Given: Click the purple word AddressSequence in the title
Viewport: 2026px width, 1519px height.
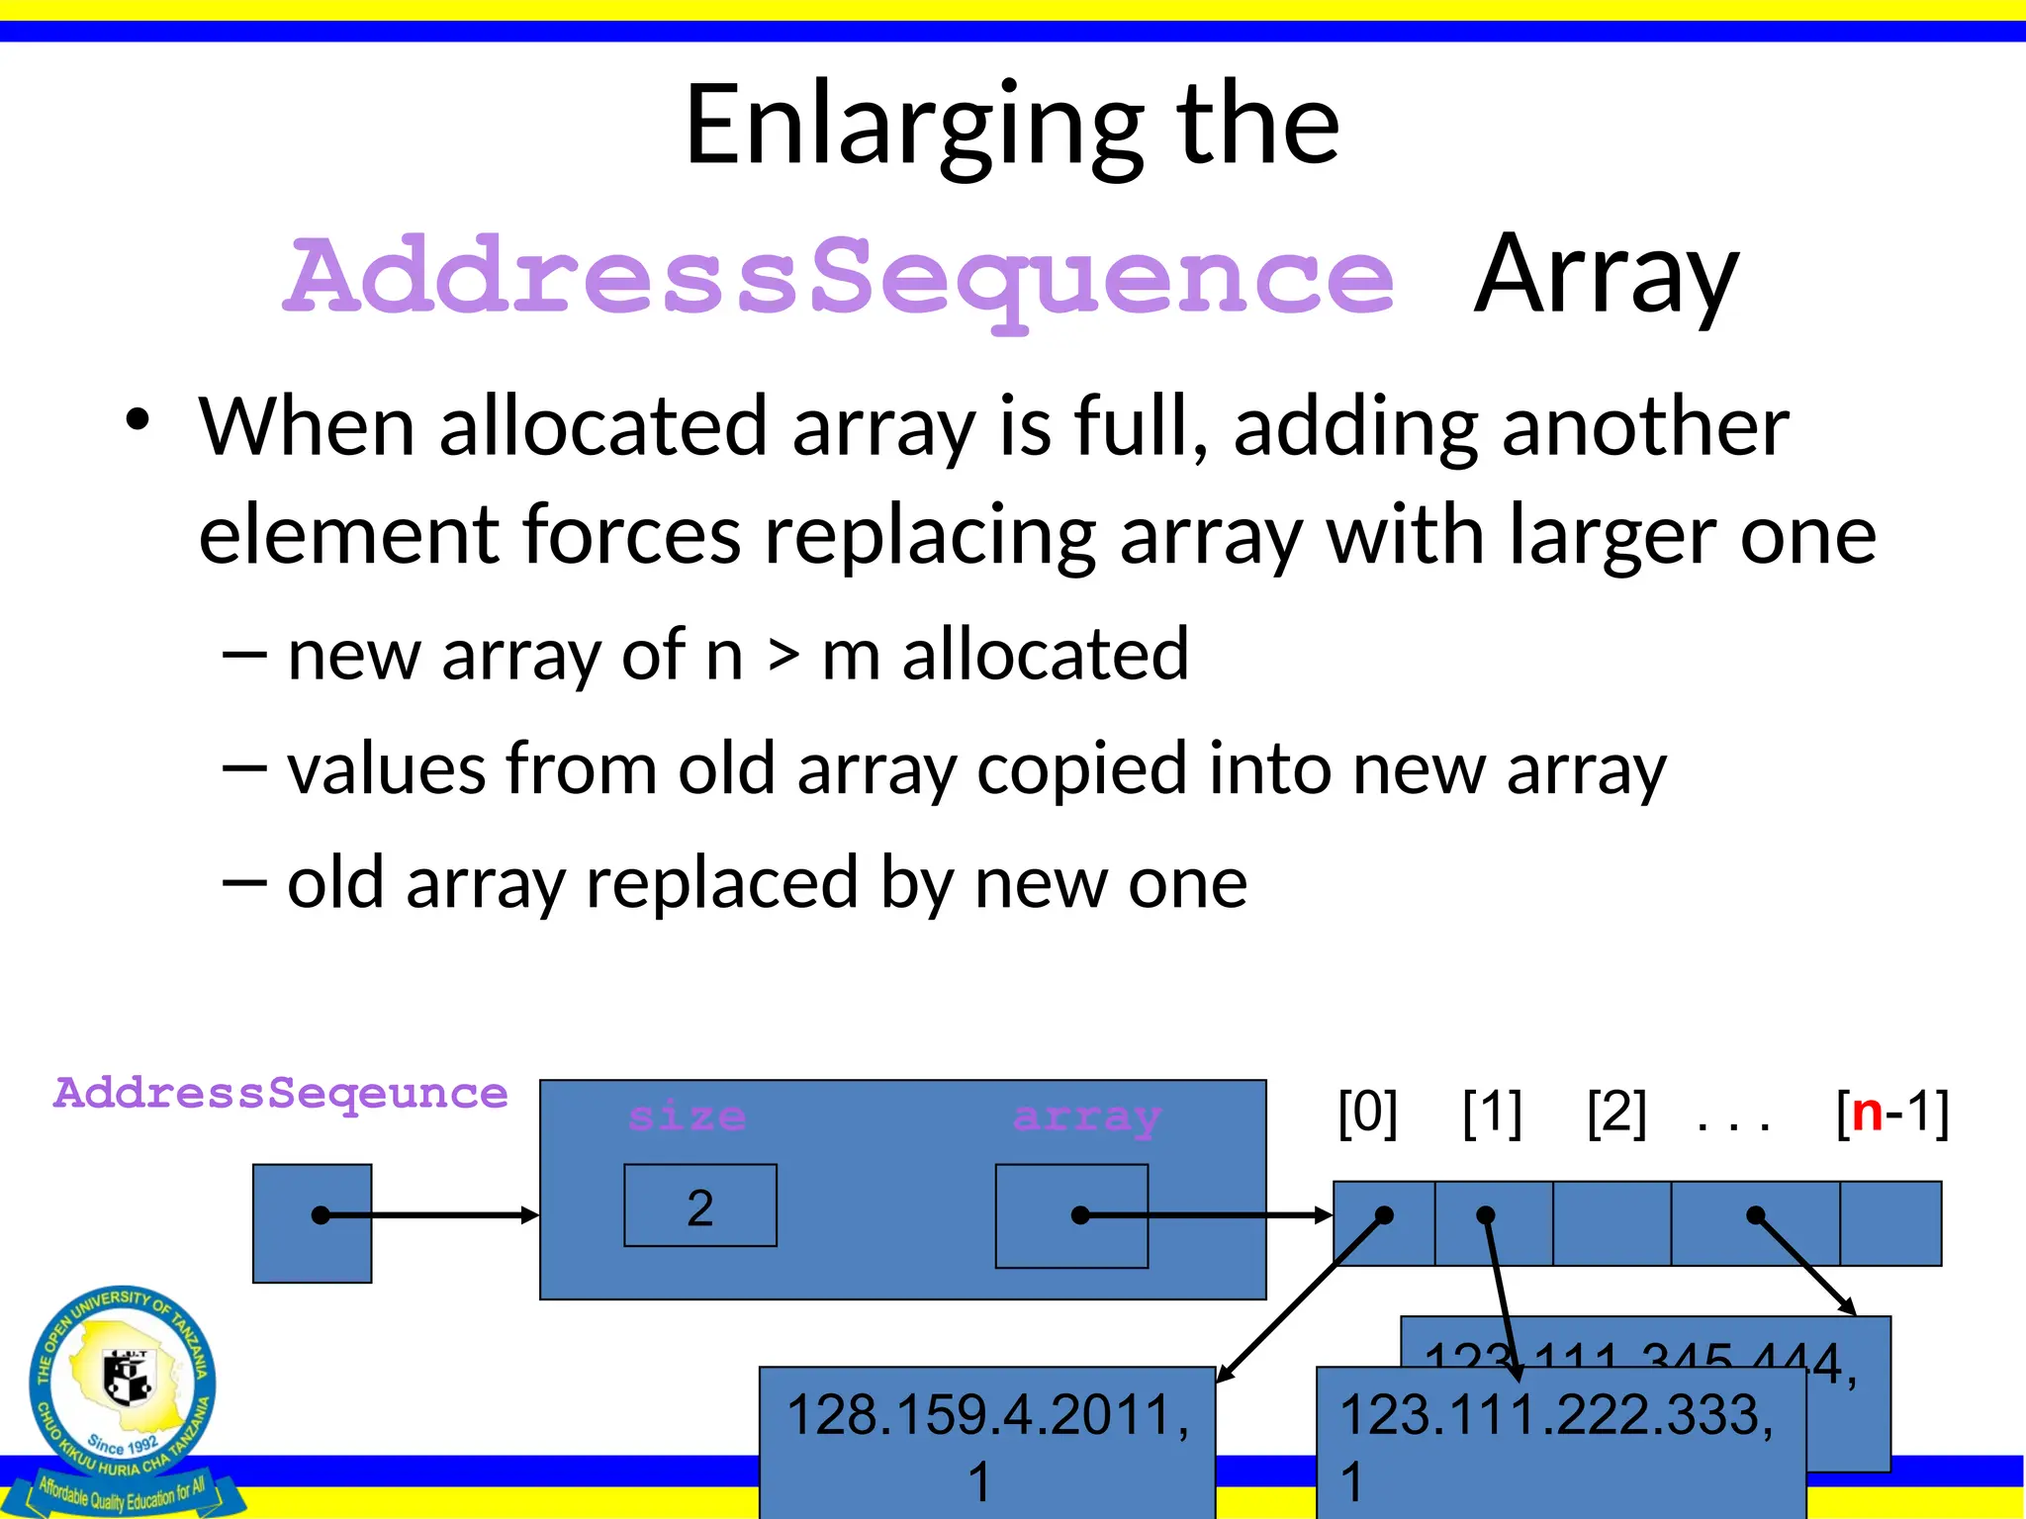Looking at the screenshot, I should tap(839, 277).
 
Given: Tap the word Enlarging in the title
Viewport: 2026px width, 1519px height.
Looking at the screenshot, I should tap(914, 127).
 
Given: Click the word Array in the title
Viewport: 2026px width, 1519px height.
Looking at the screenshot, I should tap(1605, 275).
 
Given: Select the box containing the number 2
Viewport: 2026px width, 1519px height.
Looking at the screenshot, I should tap(700, 1206).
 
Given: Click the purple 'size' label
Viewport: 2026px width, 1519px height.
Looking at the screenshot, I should tap(687, 1117).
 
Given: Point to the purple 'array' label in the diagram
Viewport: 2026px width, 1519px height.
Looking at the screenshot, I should tap(1086, 1117).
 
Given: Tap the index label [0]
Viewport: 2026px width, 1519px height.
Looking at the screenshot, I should tap(1367, 1113).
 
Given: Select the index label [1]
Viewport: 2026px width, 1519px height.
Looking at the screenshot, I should tap(1492, 1113).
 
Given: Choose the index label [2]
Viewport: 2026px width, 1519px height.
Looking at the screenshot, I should tap(1616, 1113).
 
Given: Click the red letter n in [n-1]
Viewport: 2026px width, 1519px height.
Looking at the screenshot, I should tap(1868, 1113).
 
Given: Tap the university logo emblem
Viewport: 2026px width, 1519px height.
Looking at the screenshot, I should tap(123, 1385).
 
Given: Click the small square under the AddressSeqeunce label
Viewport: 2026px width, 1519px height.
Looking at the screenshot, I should tap(312, 1223).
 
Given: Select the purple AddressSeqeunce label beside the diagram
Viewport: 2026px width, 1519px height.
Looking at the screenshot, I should tap(281, 1094).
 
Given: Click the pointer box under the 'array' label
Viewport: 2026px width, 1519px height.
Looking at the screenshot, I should tap(1071, 1215).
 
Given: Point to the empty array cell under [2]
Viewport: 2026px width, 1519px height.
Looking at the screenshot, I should tap(1612, 1223).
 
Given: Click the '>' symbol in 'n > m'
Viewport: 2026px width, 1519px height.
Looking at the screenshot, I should tap(783, 656).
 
